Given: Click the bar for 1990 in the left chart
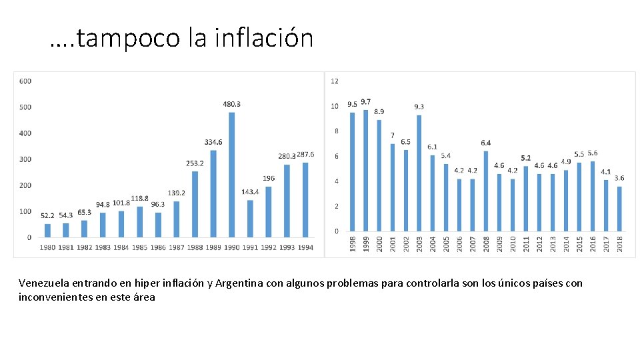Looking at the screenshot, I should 231,175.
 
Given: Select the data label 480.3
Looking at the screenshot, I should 231,104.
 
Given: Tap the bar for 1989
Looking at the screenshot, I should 213,193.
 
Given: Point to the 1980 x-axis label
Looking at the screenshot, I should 47,248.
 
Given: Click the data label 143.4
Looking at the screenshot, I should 250,192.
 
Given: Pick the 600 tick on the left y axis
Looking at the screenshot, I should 25,81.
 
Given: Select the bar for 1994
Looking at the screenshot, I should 305,199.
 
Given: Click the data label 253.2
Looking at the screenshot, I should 195,163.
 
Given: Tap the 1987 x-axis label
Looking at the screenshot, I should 176,248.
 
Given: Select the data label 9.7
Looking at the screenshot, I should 366,102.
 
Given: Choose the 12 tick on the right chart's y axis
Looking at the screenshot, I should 335,81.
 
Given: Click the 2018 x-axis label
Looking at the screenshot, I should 620,243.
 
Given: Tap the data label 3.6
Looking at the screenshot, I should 619,178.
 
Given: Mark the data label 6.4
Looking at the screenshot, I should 486,143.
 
